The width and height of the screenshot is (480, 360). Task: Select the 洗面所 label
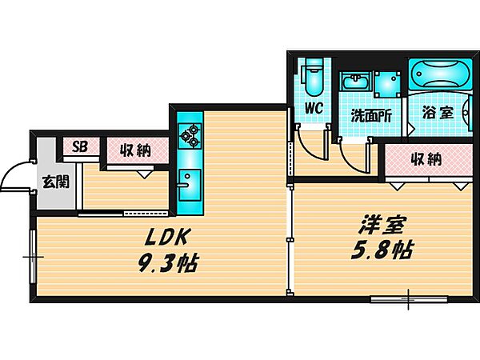(371, 114)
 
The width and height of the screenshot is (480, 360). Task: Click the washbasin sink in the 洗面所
(353, 82)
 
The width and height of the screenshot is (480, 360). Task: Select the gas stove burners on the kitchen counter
(190, 135)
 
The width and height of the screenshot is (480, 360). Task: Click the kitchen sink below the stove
(189, 179)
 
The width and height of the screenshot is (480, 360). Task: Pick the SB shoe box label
(80, 147)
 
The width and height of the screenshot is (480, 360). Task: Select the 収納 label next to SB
(135, 149)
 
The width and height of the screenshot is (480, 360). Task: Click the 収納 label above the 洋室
(426, 158)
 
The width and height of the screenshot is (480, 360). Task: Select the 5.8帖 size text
(381, 250)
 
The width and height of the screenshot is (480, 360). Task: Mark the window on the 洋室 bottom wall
(407, 301)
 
